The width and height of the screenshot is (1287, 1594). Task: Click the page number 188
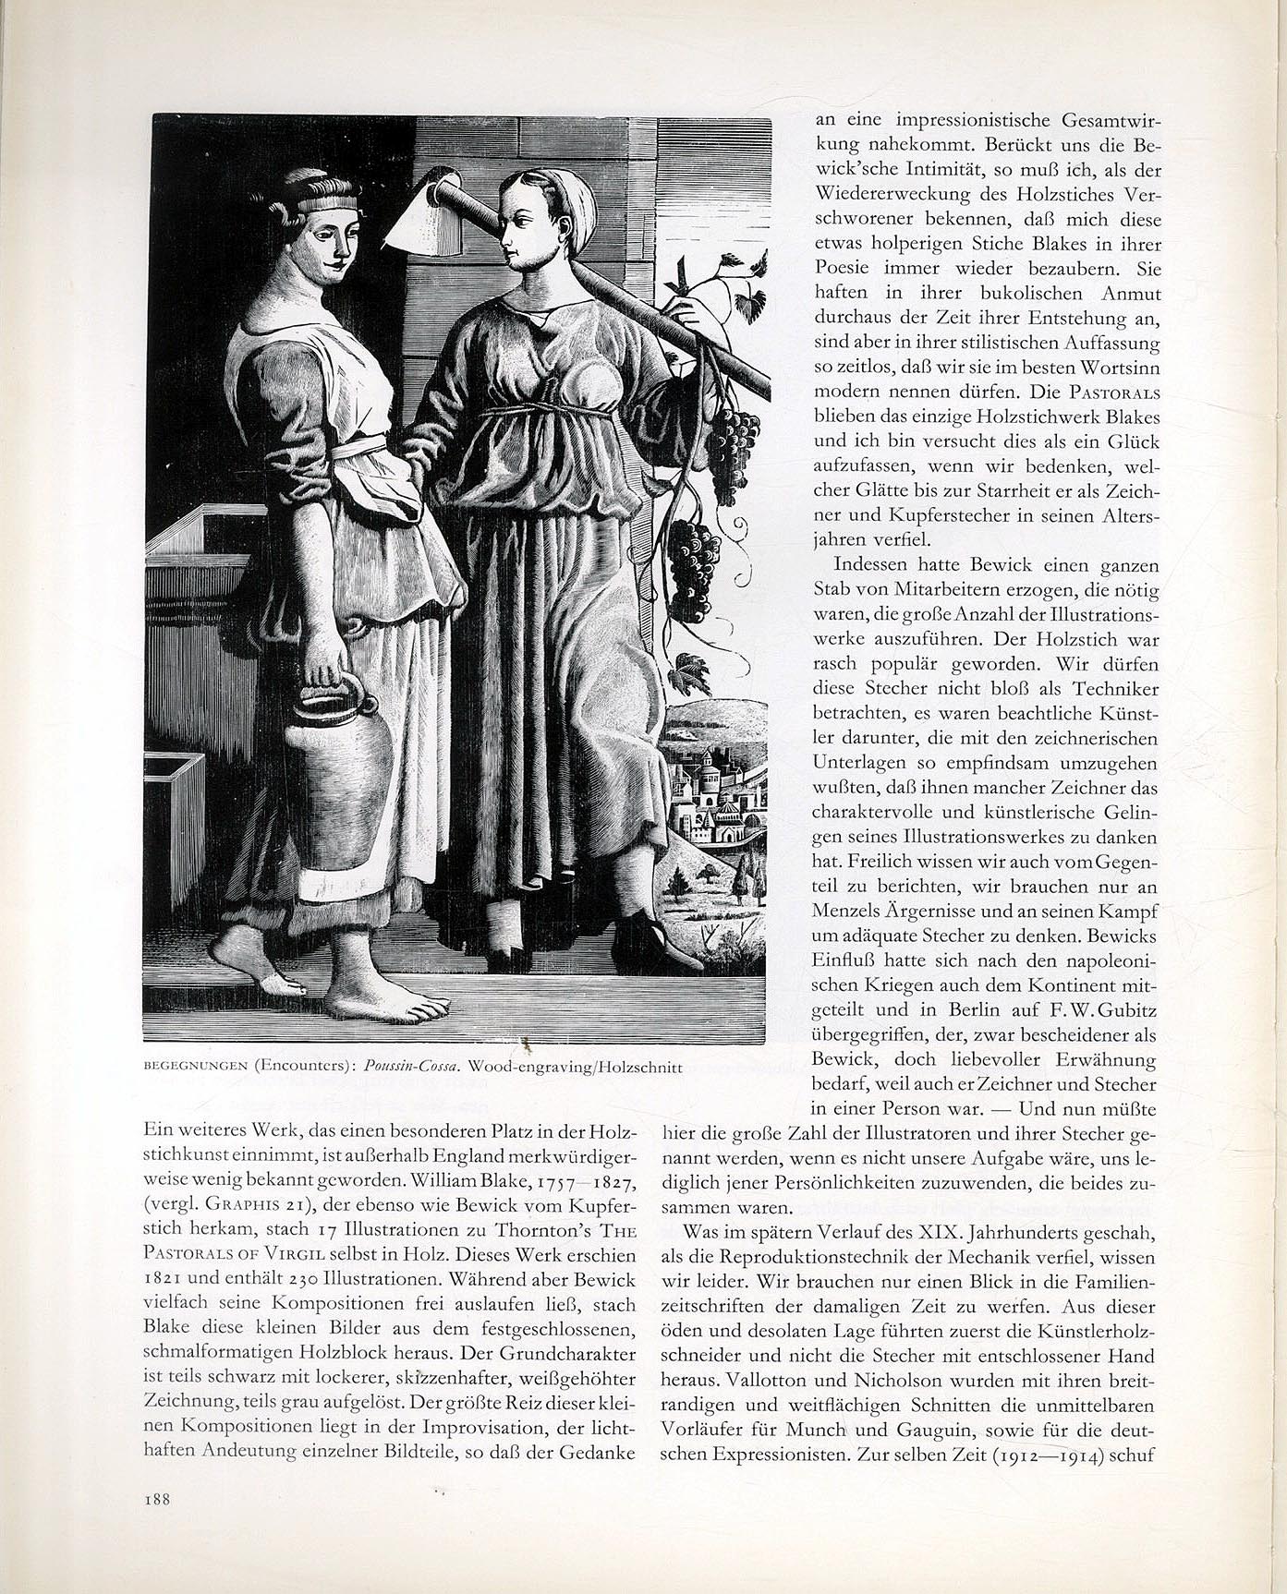[x=156, y=1500]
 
